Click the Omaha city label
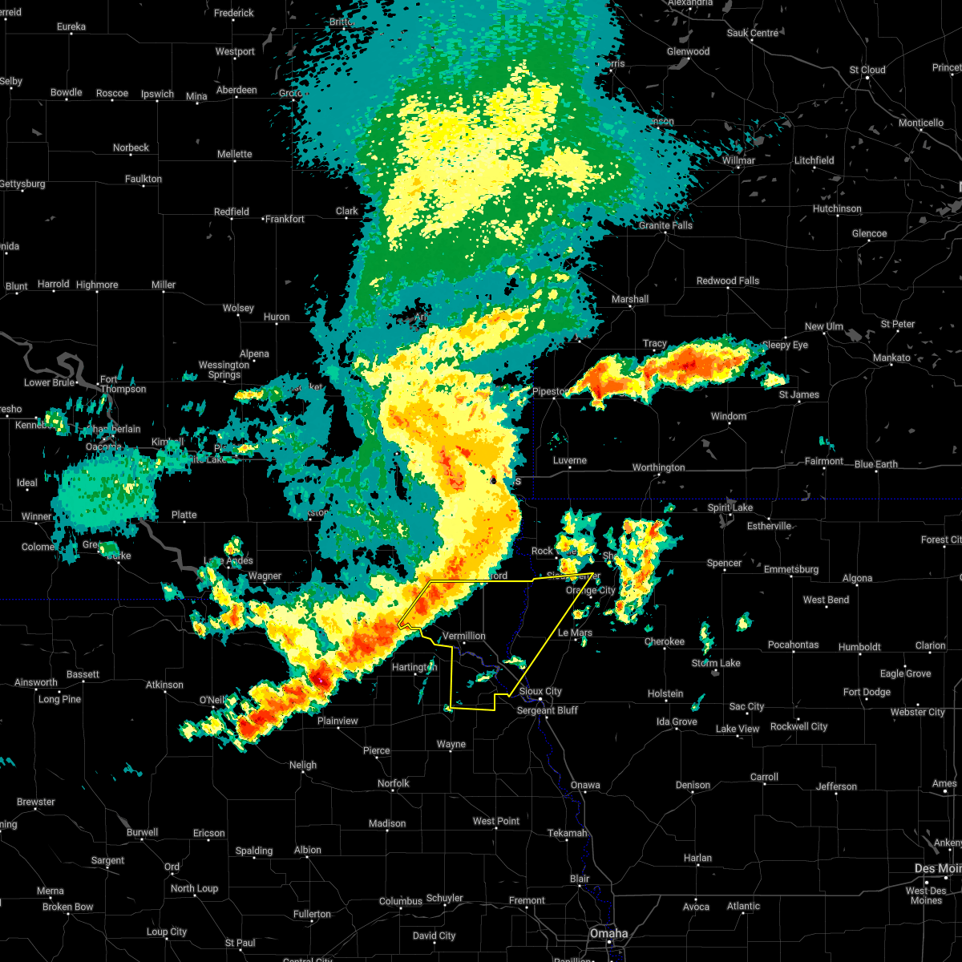coord(609,933)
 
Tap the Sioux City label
coord(540,691)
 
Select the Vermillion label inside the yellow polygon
coord(464,636)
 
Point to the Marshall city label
coord(630,299)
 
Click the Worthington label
coord(659,467)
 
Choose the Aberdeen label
coord(236,90)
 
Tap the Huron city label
coord(277,317)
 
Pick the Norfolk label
coord(393,783)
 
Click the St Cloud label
coord(867,70)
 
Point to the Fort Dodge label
coord(867,692)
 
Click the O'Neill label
coord(212,700)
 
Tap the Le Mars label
coord(575,633)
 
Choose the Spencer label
coord(724,563)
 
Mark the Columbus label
coord(401,901)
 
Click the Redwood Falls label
coord(728,281)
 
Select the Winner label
coord(36,516)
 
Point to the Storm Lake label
coord(716,663)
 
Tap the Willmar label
coord(738,160)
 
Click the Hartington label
coord(414,666)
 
